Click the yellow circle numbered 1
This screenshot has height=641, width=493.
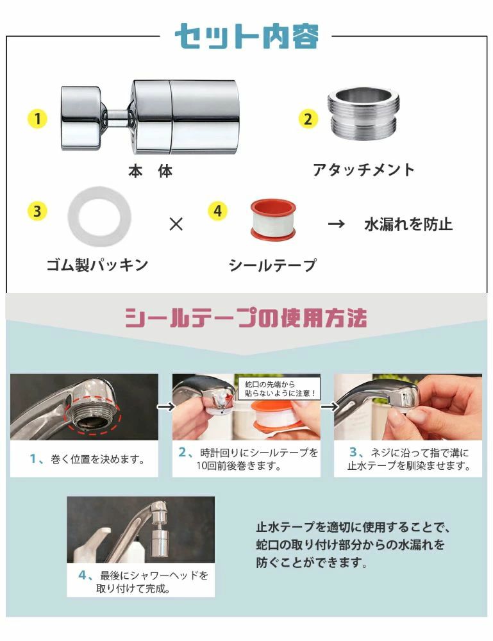[x=37, y=119]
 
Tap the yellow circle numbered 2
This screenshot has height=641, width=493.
[x=308, y=119]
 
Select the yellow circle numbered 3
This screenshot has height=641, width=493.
[x=37, y=212]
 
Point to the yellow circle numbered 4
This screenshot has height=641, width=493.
[x=217, y=211]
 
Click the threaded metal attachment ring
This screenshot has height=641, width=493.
[x=363, y=114]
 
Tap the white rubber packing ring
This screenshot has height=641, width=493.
[x=99, y=216]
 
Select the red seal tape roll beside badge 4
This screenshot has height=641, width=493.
[x=273, y=220]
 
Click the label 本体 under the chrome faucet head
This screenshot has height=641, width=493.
[x=151, y=171]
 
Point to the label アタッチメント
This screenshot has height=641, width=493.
[x=363, y=170]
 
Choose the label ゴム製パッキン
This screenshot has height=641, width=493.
[x=97, y=265]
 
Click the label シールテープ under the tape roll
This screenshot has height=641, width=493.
[x=272, y=265]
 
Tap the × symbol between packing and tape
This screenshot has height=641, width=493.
[x=176, y=224]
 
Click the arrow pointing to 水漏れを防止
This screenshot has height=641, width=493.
[x=336, y=224]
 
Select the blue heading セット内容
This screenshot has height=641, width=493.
[x=246, y=37]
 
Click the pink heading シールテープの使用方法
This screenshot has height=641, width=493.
[x=246, y=318]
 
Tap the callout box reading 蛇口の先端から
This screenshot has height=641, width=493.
[x=280, y=389]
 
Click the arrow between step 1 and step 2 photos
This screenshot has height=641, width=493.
[x=166, y=406]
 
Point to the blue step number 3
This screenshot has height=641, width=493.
[x=353, y=452]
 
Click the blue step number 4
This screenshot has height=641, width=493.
[x=83, y=575]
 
